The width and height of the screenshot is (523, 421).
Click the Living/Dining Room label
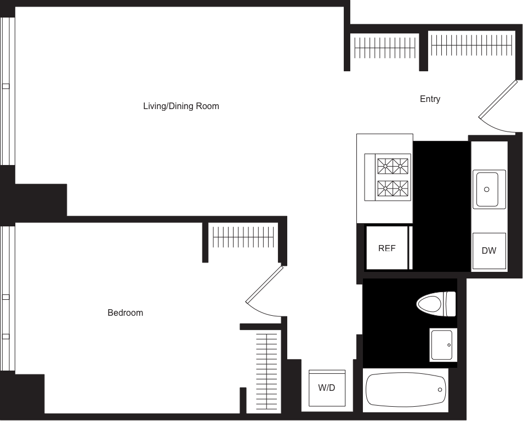[181, 106]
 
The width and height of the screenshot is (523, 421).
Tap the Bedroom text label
[125, 312]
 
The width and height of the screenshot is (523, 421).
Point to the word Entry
[430, 99]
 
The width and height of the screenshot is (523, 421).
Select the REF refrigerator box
[387, 248]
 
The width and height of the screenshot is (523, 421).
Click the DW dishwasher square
[489, 251]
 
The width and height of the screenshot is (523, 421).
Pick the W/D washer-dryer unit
[327, 388]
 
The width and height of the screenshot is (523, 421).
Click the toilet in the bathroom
[436, 304]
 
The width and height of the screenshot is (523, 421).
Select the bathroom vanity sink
[442, 345]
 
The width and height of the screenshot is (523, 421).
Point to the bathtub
[406, 390]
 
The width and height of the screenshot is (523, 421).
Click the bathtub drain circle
[440, 390]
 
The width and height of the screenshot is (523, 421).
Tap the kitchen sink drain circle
[487, 190]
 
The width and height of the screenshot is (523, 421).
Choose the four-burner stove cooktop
[388, 178]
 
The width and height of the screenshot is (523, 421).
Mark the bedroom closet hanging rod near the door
[243, 237]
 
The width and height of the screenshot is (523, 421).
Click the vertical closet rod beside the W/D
[267, 372]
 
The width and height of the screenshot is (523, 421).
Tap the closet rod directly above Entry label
[471, 45]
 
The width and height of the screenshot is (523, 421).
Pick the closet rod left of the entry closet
[385, 48]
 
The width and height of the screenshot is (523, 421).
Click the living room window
[7, 91]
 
